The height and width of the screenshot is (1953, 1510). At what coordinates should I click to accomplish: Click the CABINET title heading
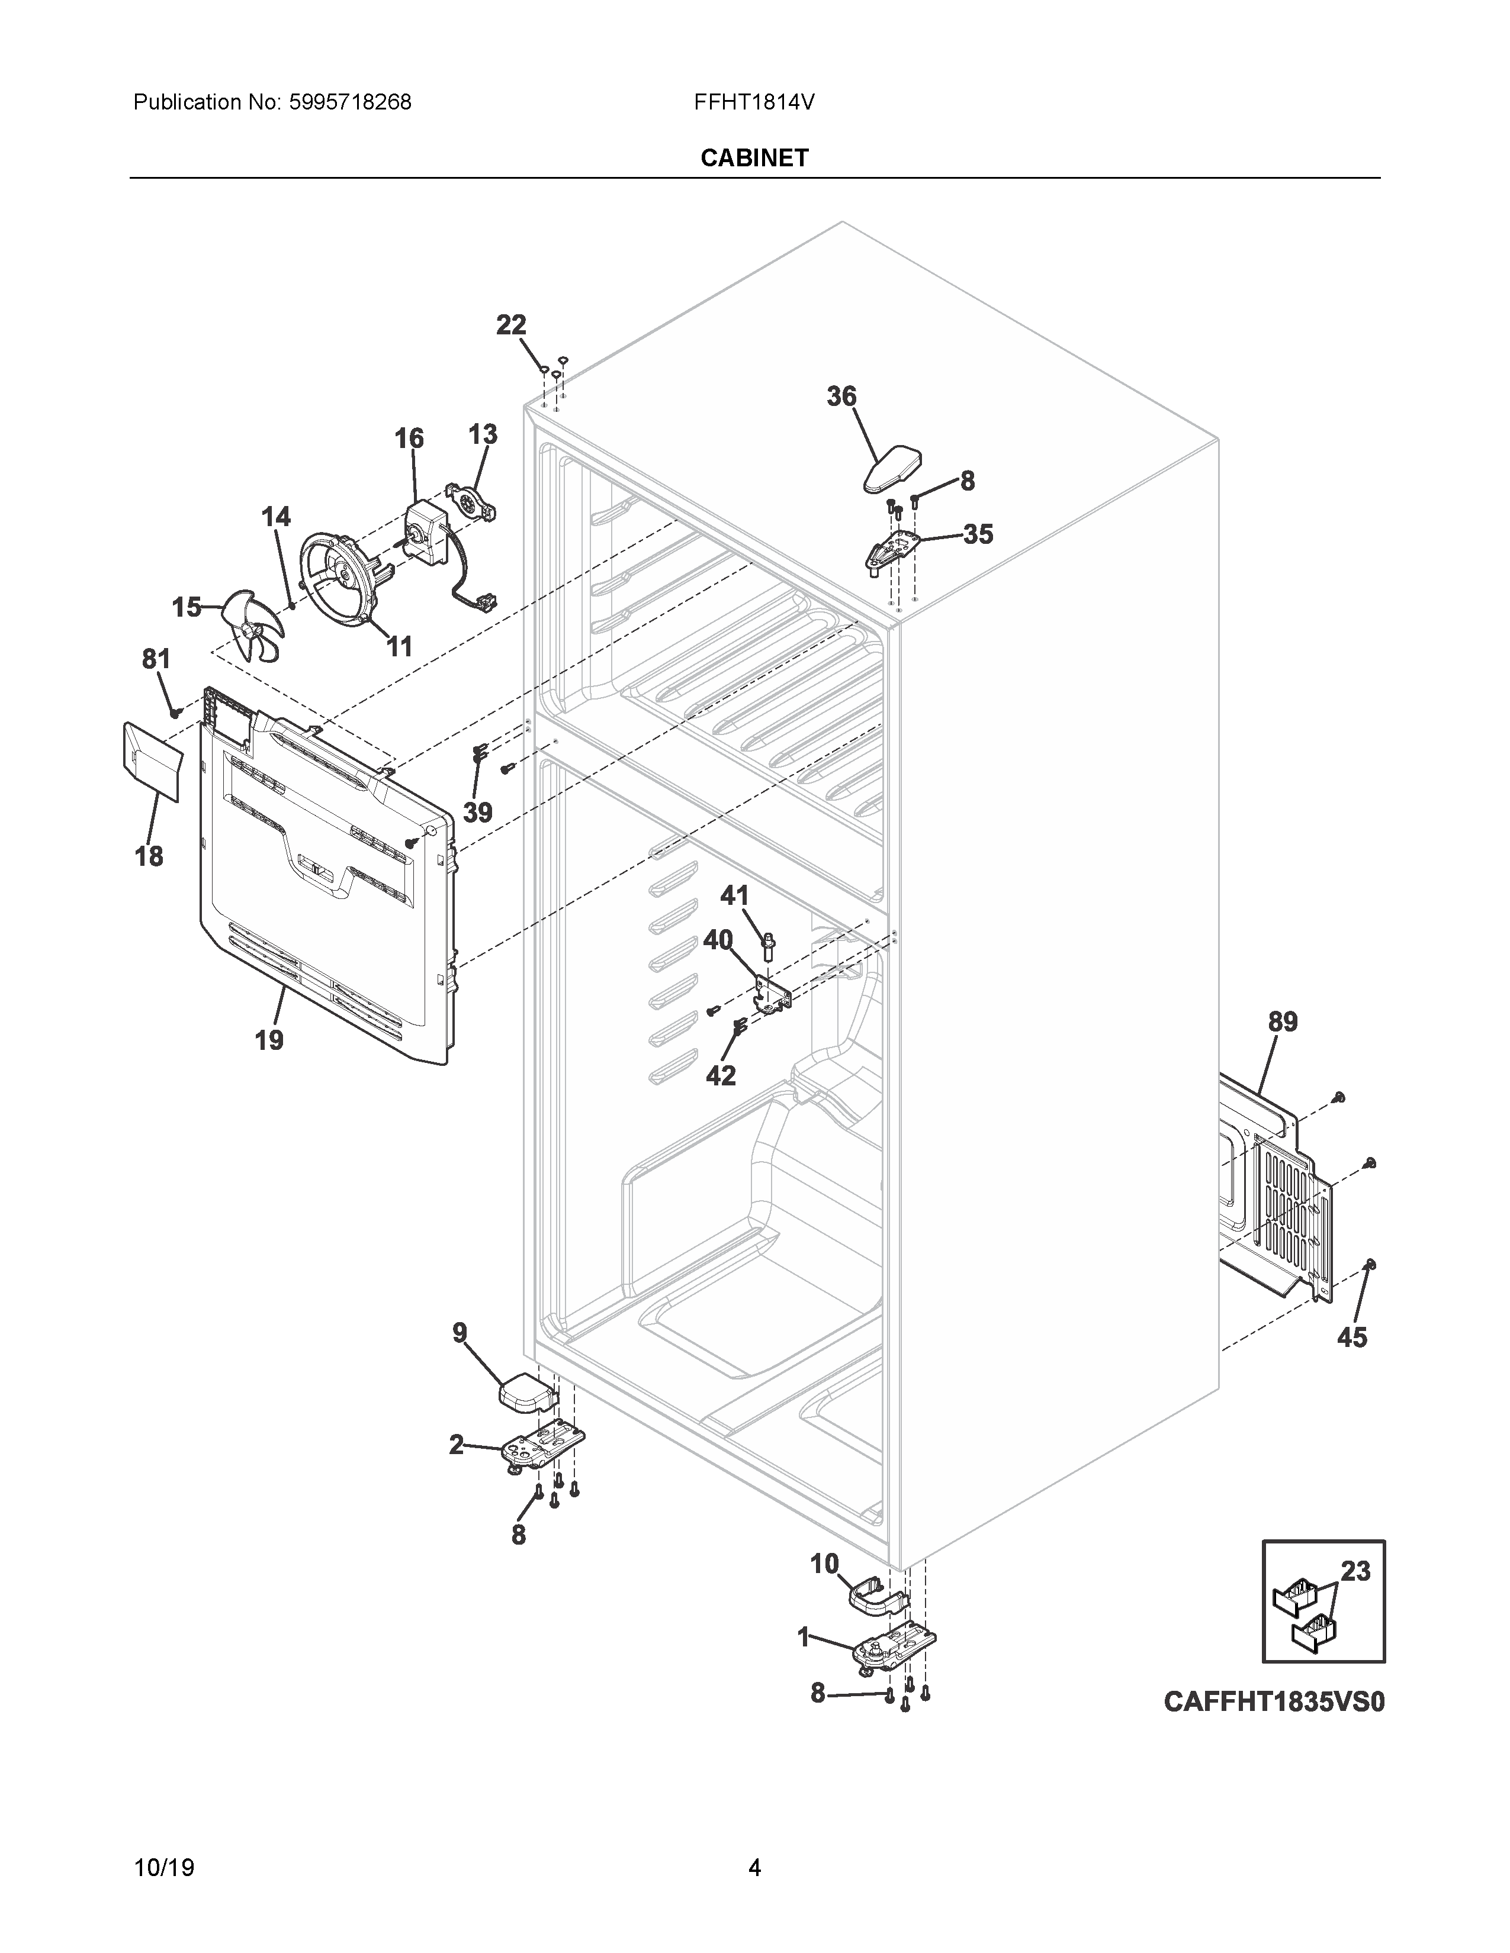[x=754, y=158]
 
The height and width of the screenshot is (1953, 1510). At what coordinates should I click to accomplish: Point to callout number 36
[x=841, y=396]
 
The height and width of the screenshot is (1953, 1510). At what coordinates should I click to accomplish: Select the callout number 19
[x=269, y=1040]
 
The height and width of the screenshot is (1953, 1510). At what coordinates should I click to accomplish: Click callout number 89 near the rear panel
[x=1283, y=1022]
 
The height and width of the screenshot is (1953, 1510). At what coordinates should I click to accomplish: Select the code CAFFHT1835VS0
[x=1274, y=1701]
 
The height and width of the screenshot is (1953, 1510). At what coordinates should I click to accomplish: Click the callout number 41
[x=734, y=895]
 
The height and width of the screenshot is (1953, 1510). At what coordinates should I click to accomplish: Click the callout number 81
[x=156, y=659]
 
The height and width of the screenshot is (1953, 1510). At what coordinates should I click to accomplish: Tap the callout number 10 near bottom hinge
[x=824, y=1564]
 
